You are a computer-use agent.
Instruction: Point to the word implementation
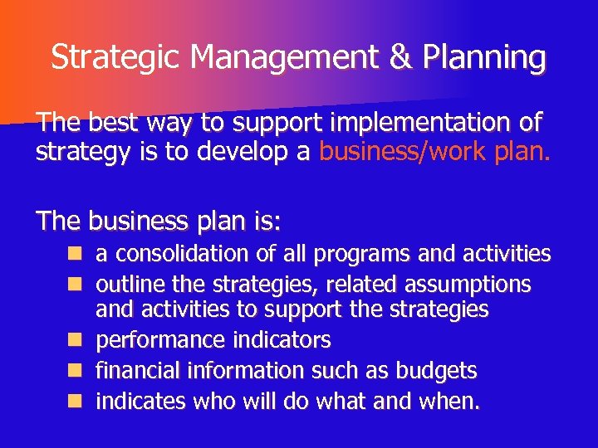(x=423, y=124)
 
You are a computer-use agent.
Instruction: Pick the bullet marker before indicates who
(x=76, y=401)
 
